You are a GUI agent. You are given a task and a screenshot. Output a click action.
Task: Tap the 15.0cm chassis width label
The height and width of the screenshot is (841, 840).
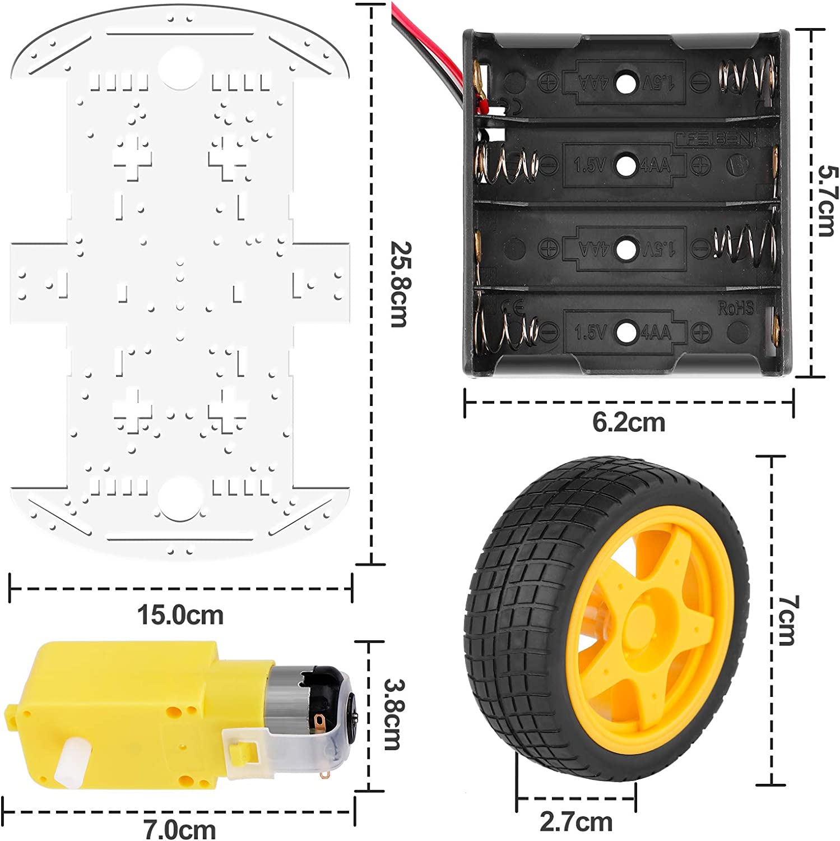point(180,615)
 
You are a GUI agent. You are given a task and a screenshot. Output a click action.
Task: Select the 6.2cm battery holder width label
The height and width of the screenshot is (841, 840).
point(629,422)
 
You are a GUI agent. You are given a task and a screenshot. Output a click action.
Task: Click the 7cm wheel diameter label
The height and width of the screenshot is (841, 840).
point(787,620)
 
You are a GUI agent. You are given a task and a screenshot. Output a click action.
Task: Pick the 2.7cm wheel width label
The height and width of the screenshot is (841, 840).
point(576,822)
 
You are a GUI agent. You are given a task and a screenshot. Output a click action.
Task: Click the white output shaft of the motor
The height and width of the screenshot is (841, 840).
point(71,761)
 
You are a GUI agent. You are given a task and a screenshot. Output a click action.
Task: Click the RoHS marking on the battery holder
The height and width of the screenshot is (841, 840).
point(735,308)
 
